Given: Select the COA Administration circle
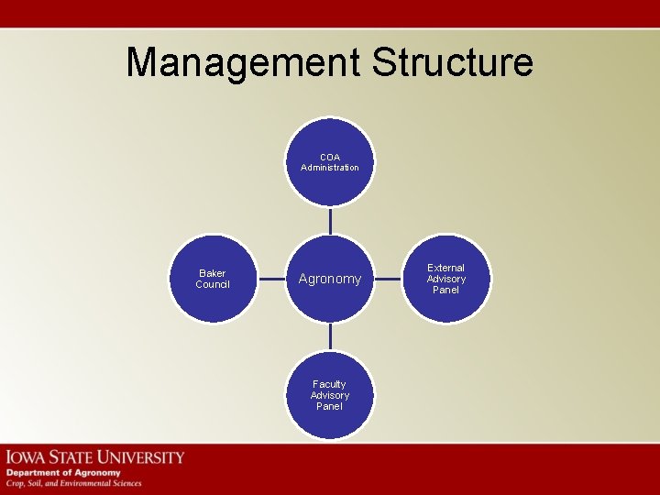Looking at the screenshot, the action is click(330, 162).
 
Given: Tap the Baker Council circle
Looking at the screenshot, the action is click(213, 279).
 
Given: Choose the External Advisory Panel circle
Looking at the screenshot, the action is click(446, 279).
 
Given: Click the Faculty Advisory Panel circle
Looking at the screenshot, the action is click(330, 394).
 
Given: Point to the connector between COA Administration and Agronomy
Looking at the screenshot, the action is click(330, 220).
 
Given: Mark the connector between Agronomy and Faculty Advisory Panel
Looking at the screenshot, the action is click(330, 336).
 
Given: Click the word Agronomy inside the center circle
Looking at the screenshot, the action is click(330, 279).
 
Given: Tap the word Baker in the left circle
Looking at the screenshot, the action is click(213, 273).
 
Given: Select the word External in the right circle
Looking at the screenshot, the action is click(446, 268).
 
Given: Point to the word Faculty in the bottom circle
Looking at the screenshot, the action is click(330, 384).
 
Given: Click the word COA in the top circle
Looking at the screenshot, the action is click(330, 157).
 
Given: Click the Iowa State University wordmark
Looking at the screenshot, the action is click(95, 456).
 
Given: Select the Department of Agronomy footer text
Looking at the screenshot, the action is click(63, 472).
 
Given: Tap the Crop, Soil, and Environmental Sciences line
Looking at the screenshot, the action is click(74, 483).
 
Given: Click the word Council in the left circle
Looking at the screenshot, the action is click(213, 284).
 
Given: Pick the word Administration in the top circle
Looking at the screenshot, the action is click(330, 168).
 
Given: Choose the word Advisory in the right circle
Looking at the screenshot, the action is click(446, 279).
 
